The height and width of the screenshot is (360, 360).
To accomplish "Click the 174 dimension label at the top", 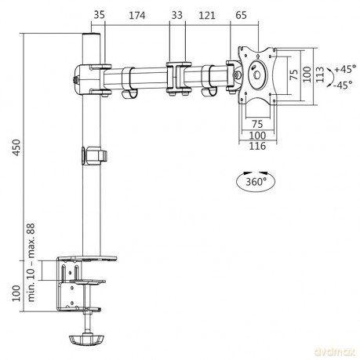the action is (137, 16).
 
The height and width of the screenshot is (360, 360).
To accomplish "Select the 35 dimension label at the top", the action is (99, 15).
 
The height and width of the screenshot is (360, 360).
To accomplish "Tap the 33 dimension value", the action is (177, 15).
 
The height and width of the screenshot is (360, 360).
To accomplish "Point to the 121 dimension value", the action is (207, 16).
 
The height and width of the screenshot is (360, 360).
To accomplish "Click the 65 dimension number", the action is (241, 15).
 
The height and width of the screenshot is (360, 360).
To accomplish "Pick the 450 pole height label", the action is (16, 147).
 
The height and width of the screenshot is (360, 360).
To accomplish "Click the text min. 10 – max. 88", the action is (31, 262).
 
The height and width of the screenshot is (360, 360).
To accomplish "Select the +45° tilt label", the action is (345, 69).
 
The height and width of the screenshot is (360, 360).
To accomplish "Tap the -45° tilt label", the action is (344, 85).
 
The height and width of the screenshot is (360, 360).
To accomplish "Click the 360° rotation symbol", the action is (256, 181).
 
